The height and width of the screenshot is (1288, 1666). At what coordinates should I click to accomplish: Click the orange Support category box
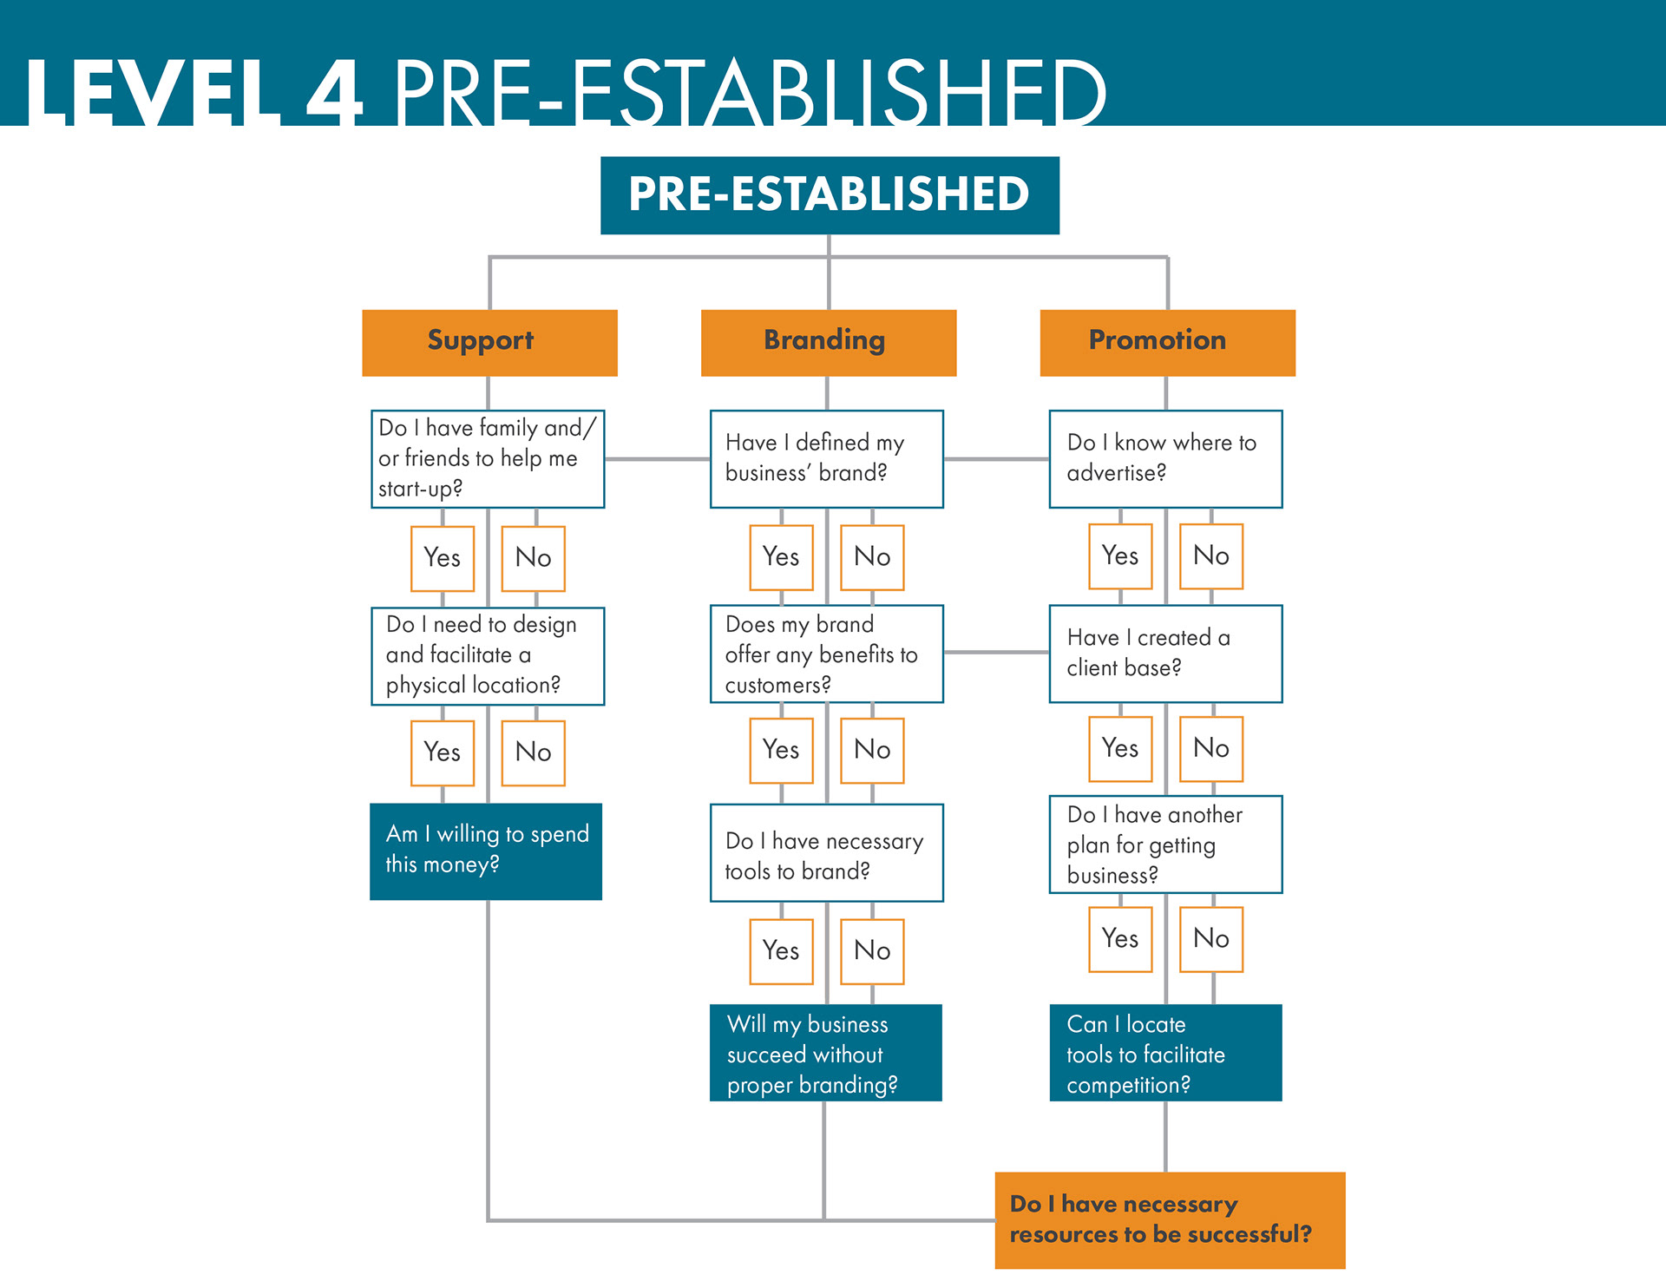coord(489,342)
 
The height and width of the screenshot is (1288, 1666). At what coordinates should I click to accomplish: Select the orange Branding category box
coord(828,342)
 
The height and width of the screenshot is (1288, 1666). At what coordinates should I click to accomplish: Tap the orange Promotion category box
coord(1167,342)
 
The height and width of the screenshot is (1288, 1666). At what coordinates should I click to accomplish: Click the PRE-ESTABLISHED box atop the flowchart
coord(830,194)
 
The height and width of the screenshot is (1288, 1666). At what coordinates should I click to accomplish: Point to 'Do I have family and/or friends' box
coord(488,458)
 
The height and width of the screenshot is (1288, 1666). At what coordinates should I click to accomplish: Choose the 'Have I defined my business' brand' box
coord(826,458)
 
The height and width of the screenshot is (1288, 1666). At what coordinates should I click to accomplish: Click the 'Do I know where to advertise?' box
coord(1165,458)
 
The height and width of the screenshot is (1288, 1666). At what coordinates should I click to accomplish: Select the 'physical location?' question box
coord(488,655)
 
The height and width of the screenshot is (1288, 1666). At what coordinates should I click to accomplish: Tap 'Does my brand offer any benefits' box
coord(826,654)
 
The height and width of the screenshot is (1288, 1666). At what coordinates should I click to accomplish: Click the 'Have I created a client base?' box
coord(1165,653)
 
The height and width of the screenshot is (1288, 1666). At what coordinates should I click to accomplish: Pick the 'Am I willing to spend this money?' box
coord(486,851)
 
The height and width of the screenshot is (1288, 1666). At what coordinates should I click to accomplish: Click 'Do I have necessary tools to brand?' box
coord(826,852)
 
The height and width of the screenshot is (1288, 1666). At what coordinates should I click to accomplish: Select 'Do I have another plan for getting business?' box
coord(1165,844)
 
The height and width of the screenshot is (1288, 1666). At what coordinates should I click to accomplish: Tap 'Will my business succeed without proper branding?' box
coord(826,1052)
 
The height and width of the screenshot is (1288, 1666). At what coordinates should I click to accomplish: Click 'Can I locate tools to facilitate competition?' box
coord(1165,1052)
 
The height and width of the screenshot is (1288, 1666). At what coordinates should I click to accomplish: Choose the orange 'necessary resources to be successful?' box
coord(1170,1219)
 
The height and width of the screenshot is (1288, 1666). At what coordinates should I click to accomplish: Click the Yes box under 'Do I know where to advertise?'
coord(1120,555)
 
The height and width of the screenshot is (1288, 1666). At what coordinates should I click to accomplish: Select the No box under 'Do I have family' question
coord(533,557)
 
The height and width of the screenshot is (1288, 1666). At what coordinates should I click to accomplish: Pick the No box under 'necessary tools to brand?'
coord(872,950)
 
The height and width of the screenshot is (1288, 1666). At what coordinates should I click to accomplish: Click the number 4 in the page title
coord(334,92)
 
